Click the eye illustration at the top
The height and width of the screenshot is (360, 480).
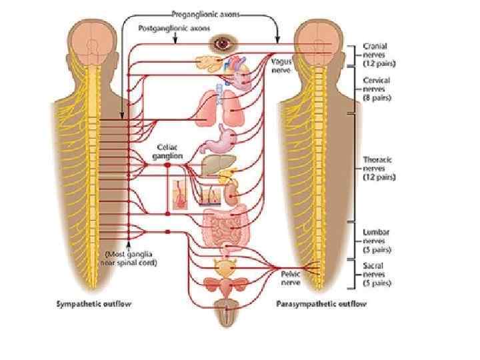(221, 44)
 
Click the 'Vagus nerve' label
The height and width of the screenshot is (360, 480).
(282, 64)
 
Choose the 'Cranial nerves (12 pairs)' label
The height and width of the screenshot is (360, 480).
(375, 54)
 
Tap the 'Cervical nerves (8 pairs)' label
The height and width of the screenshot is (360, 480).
(377, 89)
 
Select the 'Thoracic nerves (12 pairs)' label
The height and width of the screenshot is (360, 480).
(378, 169)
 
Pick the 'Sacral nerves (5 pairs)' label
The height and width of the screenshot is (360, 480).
(375, 274)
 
